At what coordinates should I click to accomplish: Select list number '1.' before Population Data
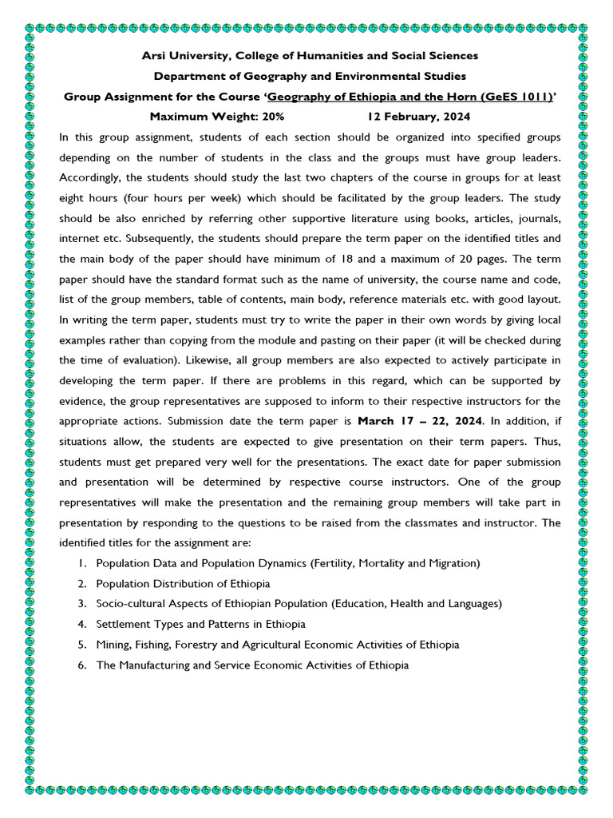[82, 563]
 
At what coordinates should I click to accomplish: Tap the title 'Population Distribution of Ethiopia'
[183, 583]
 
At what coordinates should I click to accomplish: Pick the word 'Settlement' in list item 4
[122, 623]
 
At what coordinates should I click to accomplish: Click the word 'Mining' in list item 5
[113, 644]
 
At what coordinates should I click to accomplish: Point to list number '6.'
[82, 665]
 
